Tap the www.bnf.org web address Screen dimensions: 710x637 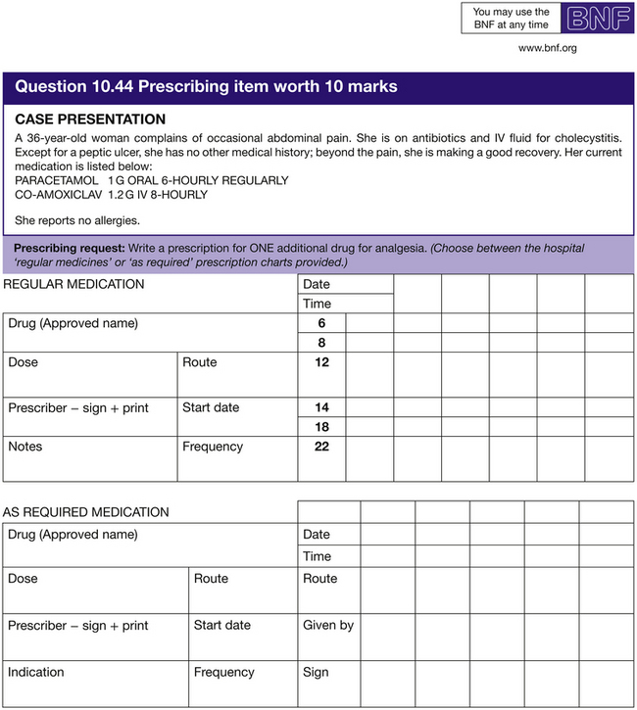pyautogui.click(x=547, y=48)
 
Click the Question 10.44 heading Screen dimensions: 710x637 pyautogui.click(x=206, y=86)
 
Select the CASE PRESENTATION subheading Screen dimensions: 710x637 pyautogui.click(x=90, y=119)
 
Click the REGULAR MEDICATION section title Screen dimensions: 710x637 pyautogui.click(x=73, y=285)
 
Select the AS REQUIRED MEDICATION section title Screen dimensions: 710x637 pyautogui.click(x=85, y=512)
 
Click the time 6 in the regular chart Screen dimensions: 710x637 pyautogui.click(x=321, y=323)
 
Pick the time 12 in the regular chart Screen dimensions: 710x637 pyautogui.click(x=321, y=362)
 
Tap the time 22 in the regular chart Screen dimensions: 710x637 pyautogui.click(x=321, y=447)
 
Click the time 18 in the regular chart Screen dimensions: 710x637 pyautogui.click(x=321, y=427)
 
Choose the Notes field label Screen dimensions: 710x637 pyautogui.click(x=25, y=447)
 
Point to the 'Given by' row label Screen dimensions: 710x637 pyautogui.click(x=328, y=626)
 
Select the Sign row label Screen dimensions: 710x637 pyautogui.click(x=317, y=673)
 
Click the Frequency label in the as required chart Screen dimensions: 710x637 pyautogui.click(x=223, y=673)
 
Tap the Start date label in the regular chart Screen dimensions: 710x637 pyautogui.click(x=210, y=407)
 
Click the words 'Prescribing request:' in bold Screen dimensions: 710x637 pyautogui.click(x=69, y=249)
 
